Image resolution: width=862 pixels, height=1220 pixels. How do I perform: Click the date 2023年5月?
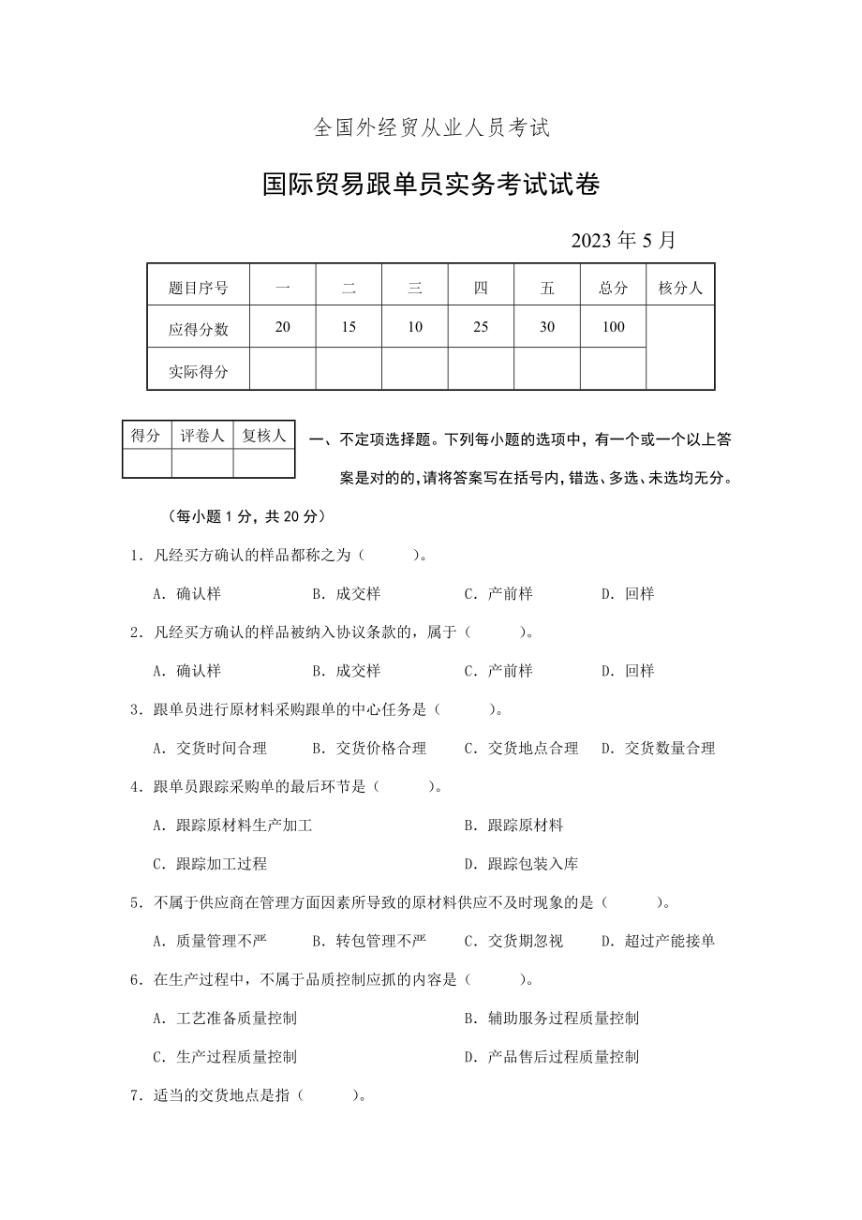click(x=623, y=240)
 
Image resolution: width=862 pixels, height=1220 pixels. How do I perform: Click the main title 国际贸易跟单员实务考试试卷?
click(x=431, y=185)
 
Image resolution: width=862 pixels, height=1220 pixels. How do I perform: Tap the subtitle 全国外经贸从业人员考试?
click(x=430, y=129)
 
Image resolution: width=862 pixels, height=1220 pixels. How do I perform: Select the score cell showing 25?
click(x=481, y=327)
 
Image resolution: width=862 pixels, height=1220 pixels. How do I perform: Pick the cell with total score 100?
click(x=613, y=327)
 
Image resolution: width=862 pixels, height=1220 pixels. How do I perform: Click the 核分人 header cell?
click(x=680, y=289)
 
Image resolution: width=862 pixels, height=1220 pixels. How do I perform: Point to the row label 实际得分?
click(x=199, y=371)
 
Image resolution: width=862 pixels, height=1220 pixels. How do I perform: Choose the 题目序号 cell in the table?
click(x=199, y=289)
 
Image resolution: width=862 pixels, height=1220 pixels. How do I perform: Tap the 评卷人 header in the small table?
click(x=202, y=436)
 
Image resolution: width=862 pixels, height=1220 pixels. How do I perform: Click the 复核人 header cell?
click(x=264, y=436)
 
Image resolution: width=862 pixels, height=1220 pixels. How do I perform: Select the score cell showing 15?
click(x=349, y=327)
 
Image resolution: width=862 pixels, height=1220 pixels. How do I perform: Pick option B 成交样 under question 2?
click(x=347, y=671)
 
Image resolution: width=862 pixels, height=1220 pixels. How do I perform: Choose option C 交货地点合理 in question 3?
click(x=522, y=749)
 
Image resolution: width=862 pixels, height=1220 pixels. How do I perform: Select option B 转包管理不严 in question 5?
click(x=369, y=941)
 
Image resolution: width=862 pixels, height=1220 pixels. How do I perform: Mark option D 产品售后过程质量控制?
click(x=552, y=1057)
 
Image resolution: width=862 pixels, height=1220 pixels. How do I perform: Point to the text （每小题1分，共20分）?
click(x=245, y=516)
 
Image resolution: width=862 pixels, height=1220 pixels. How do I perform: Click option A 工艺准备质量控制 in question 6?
click(x=225, y=1019)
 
